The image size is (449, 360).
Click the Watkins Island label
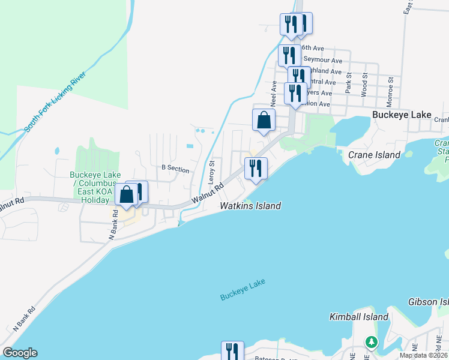click(x=250, y=206)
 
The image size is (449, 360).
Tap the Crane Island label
click(x=374, y=155)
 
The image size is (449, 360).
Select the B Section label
click(x=175, y=169)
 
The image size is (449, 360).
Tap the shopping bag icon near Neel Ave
click(x=264, y=120)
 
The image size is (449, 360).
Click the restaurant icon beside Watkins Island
click(x=256, y=169)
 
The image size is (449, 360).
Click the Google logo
click(x=20, y=353)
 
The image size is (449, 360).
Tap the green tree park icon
click(x=372, y=343)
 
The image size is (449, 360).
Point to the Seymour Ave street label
click(x=322, y=60)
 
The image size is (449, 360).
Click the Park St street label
click(x=348, y=84)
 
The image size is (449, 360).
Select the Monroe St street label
click(x=390, y=84)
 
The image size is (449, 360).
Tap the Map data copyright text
click(x=424, y=355)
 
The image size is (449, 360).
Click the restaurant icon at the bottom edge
click(x=232, y=352)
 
